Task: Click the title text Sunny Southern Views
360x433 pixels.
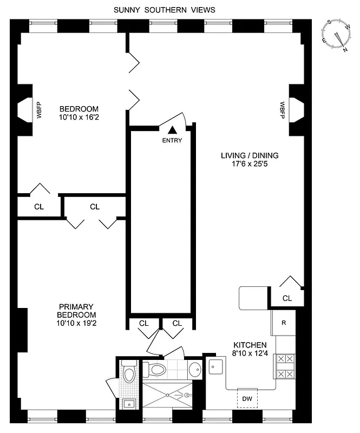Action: tap(164, 10)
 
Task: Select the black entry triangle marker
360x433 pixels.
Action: tap(172, 130)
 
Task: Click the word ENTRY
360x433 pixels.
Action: tap(172, 141)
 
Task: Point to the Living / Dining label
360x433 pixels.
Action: tap(250, 155)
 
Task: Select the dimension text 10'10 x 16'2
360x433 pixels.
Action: tap(79, 116)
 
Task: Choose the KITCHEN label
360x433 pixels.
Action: tap(250, 345)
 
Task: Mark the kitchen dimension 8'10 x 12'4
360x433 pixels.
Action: tap(250, 353)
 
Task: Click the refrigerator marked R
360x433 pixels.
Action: tap(284, 323)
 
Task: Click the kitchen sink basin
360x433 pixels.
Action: tap(216, 368)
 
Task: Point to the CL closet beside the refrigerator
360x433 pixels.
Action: tap(286, 298)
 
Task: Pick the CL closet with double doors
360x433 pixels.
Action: tap(95, 206)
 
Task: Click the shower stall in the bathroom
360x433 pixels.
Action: tap(166, 395)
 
